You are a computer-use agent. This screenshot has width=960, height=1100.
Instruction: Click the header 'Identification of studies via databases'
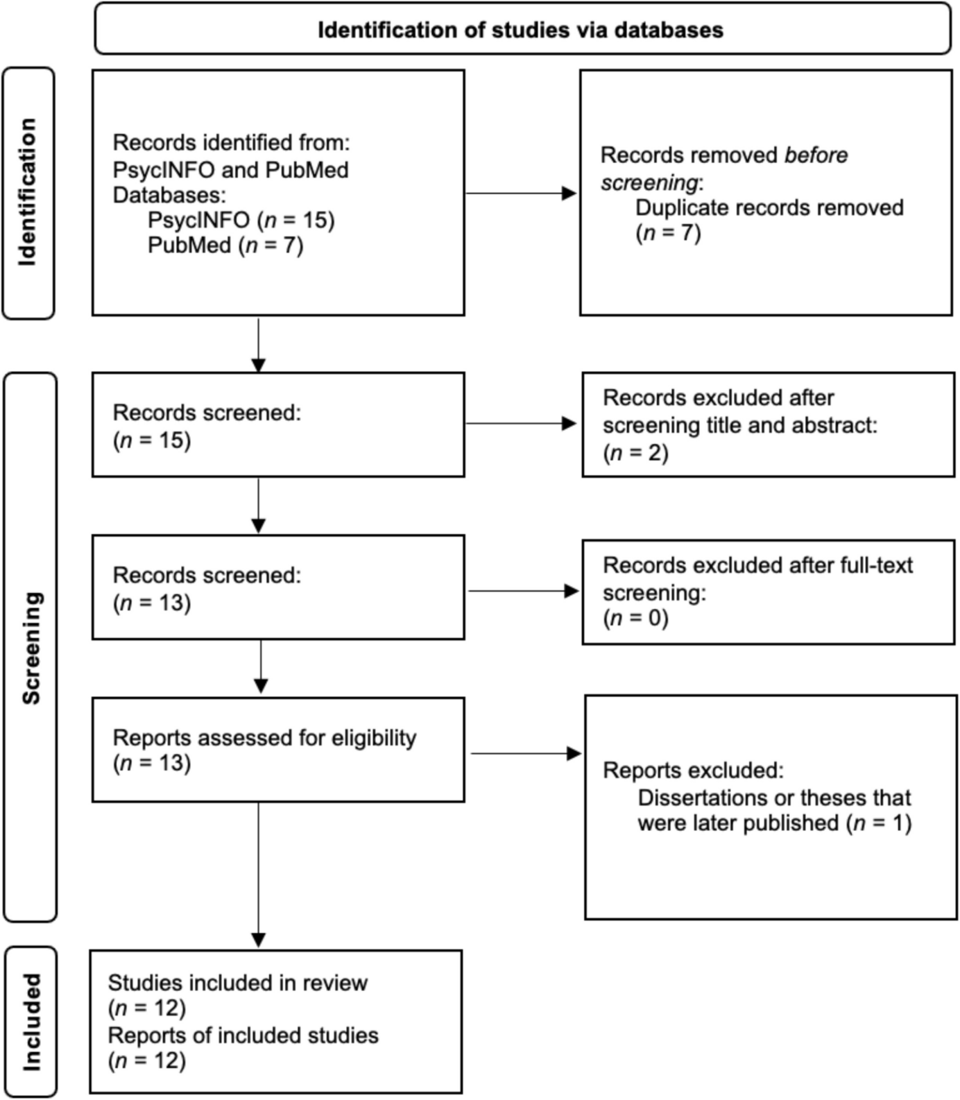[520, 31]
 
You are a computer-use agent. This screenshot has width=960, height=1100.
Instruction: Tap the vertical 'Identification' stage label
[28, 193]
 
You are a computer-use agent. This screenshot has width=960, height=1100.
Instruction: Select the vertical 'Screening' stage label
[31, 648]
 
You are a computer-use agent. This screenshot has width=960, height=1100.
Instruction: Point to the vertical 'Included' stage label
[31, 1022]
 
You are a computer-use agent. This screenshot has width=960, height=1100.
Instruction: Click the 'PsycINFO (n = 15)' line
[241, 221]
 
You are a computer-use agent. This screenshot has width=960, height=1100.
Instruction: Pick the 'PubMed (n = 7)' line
[225, 246]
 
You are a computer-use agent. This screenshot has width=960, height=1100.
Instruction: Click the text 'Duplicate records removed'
[769, 208]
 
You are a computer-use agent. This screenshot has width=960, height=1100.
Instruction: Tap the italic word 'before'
[816, 155]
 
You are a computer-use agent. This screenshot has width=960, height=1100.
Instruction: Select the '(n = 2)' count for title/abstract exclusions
[635, 453]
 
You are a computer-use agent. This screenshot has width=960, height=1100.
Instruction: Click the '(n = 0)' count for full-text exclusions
[635, 618]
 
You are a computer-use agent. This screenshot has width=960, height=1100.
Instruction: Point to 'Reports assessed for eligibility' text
[264, 738]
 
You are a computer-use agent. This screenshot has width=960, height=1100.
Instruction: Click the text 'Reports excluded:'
[693, 771]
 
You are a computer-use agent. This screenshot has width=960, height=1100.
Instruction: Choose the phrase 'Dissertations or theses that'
[774, 798]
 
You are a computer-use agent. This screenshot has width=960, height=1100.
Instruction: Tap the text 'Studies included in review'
[237, 983]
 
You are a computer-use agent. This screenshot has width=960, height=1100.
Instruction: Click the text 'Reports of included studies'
[243, 1035]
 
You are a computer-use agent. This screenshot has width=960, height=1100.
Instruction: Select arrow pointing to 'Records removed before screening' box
[520, 194]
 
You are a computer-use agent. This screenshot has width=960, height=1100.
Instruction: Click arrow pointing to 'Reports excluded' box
[525, 754]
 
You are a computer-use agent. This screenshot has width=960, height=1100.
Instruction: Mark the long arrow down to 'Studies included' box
[258, 874]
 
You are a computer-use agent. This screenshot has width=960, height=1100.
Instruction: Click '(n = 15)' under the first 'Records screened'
[152, 440]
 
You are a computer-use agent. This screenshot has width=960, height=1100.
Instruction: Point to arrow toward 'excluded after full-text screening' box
[524, 591]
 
